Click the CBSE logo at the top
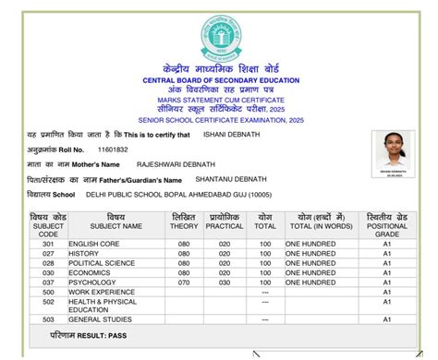219,38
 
